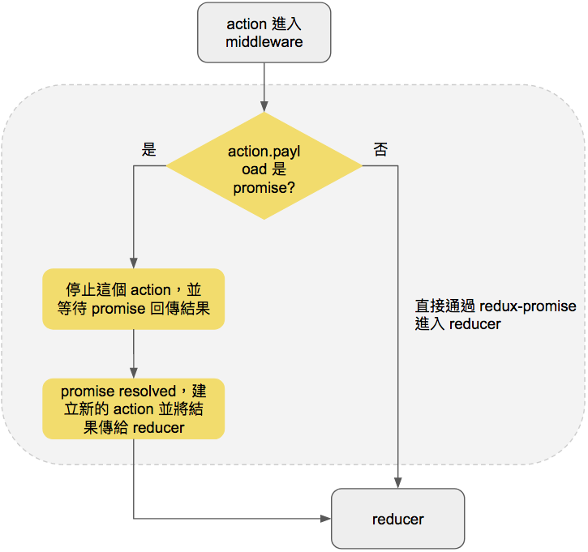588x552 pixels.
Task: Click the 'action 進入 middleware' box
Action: coord(264,32)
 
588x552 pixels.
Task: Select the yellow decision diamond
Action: coord(264,165)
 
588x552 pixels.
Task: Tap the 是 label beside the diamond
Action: coord(149,149)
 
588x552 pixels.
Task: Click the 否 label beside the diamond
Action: coord(380,149)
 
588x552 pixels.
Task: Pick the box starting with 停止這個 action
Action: coord(134,299)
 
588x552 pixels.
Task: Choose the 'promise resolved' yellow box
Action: coord(134,409)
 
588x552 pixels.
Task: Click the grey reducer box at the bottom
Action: coord(398,519)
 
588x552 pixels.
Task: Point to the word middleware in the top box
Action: coord(264,41)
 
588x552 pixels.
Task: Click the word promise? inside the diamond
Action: coord(264,188)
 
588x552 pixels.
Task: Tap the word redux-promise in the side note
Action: coord(528,306)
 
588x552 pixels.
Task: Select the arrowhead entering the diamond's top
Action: coord(264,106)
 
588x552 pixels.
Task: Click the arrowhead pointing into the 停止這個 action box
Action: coord(134,263)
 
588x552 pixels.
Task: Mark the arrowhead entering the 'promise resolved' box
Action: coord(134,373)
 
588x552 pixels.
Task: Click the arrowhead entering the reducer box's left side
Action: coord(326,519)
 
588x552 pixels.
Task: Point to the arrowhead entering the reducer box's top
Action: coord(398,483)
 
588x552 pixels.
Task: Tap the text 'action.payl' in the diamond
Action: coord(264,152)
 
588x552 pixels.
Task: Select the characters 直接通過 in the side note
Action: coord(445,306)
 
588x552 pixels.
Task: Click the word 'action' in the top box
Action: coord(247,24)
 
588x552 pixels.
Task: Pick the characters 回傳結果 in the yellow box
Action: coord(180,308)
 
